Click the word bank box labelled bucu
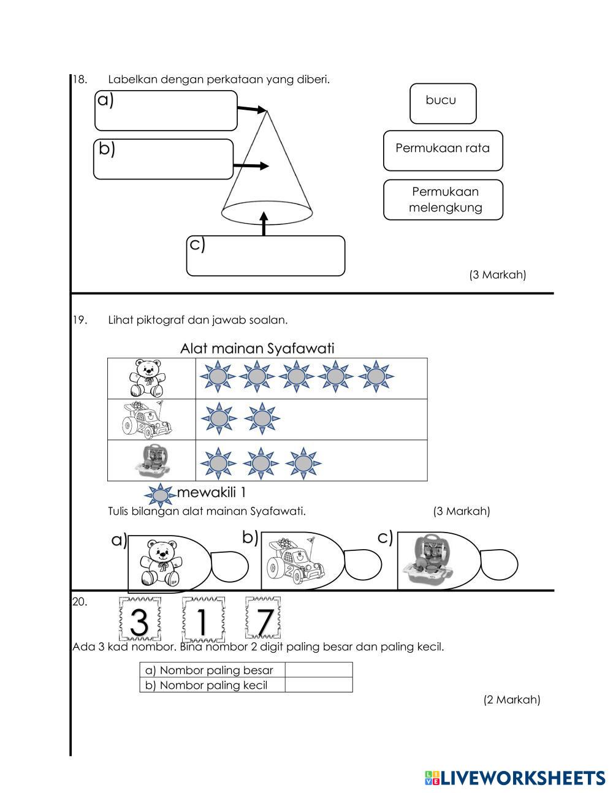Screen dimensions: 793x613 tap(443, 103)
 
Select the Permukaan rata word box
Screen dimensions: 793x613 tap(443, 150)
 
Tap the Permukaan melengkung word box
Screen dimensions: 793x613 tap(443, 199)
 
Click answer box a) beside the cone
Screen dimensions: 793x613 tap(166, 111)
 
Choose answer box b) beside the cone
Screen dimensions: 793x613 tap(163, 159)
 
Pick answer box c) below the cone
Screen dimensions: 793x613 tap(265, 256)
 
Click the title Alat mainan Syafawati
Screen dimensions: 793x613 tap(257, 349)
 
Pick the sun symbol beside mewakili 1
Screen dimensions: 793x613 tap(160, 495)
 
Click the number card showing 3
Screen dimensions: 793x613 tap(139, 620)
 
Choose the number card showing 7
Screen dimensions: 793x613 tap(264, 620)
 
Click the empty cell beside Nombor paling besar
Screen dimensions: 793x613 tap(318, 670)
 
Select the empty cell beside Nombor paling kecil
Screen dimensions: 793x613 tap(318, 685)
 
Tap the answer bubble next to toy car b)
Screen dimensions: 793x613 tap(363, 564)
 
